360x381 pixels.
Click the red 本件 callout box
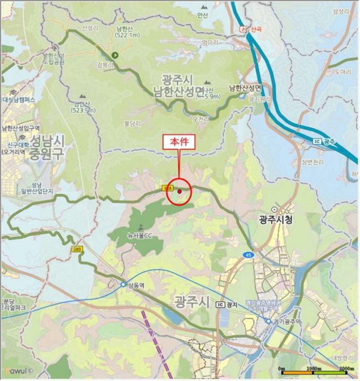[x=179, y=140]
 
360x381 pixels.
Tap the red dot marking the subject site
[x=179, y=191]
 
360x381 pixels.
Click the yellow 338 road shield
[x=168, y=188]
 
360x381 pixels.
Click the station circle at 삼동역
[x=123, y=284]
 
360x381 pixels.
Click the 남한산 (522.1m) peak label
[x=128, y=32]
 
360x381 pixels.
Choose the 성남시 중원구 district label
[x=47, y=147]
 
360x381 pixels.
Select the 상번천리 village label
[x=313, y=162]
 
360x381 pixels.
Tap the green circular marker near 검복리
[x=115, y=55]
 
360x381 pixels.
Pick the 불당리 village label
[x=132, y=124]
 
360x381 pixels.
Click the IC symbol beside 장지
[x=220, y=304]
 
